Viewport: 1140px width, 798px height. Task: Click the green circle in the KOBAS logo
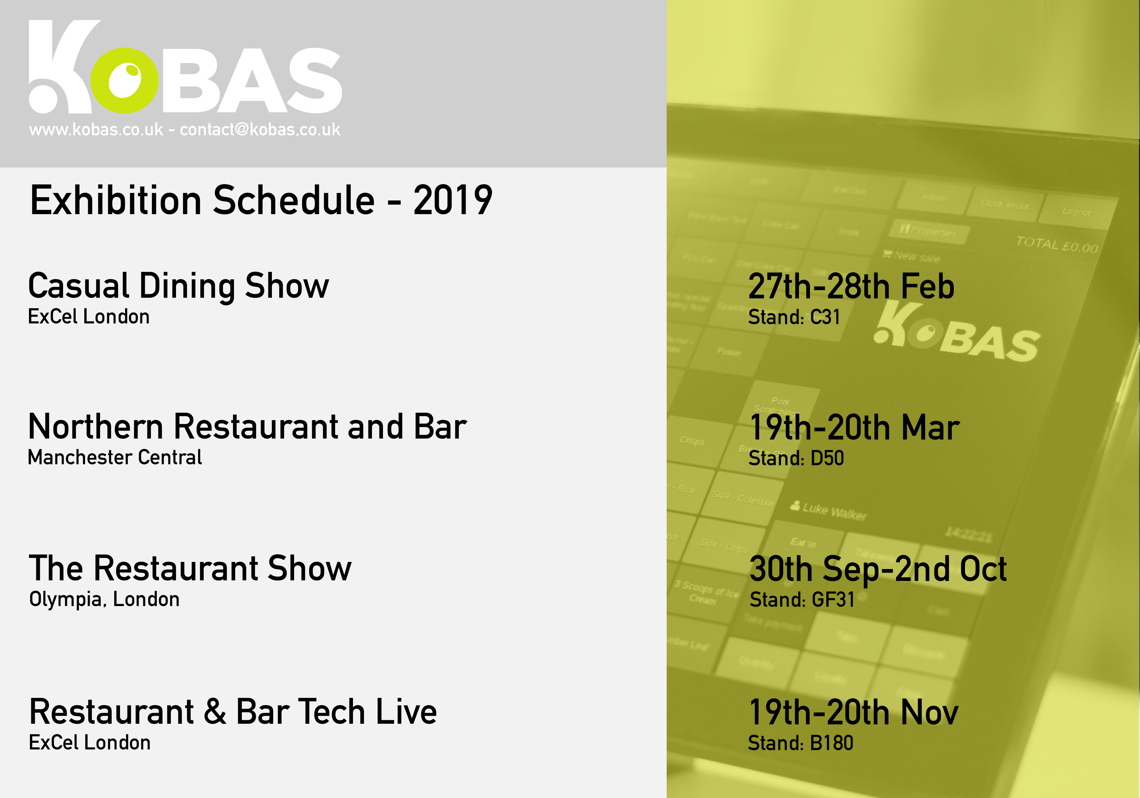(x=125, y=80)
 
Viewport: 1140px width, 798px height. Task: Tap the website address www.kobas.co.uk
(x=96, y=130)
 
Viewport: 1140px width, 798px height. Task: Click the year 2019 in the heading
(x=452, y=201)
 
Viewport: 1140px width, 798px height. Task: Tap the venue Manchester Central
(x=115, y=458)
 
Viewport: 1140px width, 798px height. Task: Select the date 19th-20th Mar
(x=854, y=428)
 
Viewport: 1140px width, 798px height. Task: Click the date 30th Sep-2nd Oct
(x=878, y=569)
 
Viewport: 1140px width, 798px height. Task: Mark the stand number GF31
(x=833, y=600)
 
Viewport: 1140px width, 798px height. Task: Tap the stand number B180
(x=831, y=743)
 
